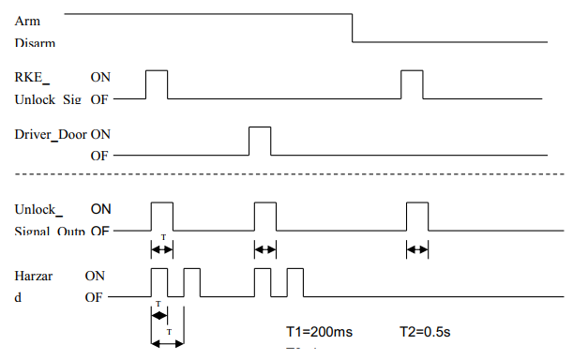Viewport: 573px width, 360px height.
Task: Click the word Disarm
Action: (35, 42)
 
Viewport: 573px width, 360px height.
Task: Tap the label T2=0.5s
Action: (422, 332)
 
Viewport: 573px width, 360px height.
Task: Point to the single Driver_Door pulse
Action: (259, 140)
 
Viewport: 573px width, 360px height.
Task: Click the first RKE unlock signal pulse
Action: (157, 84)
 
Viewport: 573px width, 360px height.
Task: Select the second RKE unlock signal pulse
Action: (412, 84)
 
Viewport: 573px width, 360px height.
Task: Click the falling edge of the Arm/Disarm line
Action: (353, 28)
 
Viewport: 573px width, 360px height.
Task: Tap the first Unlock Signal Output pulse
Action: (162, 216)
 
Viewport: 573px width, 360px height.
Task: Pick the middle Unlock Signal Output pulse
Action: (266, 216)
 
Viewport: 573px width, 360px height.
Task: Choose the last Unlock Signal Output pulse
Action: (417, 216)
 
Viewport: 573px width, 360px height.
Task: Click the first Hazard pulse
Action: (159, 282)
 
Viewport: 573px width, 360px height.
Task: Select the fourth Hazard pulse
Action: (295, 282)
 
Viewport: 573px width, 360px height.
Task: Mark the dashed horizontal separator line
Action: (281, 175)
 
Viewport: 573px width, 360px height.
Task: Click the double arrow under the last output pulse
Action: (417, 249)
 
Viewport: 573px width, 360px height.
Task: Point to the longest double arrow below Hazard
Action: (167, 342)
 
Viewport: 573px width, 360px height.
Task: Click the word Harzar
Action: (36, 277)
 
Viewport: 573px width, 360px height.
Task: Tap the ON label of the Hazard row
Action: (95, 277)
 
